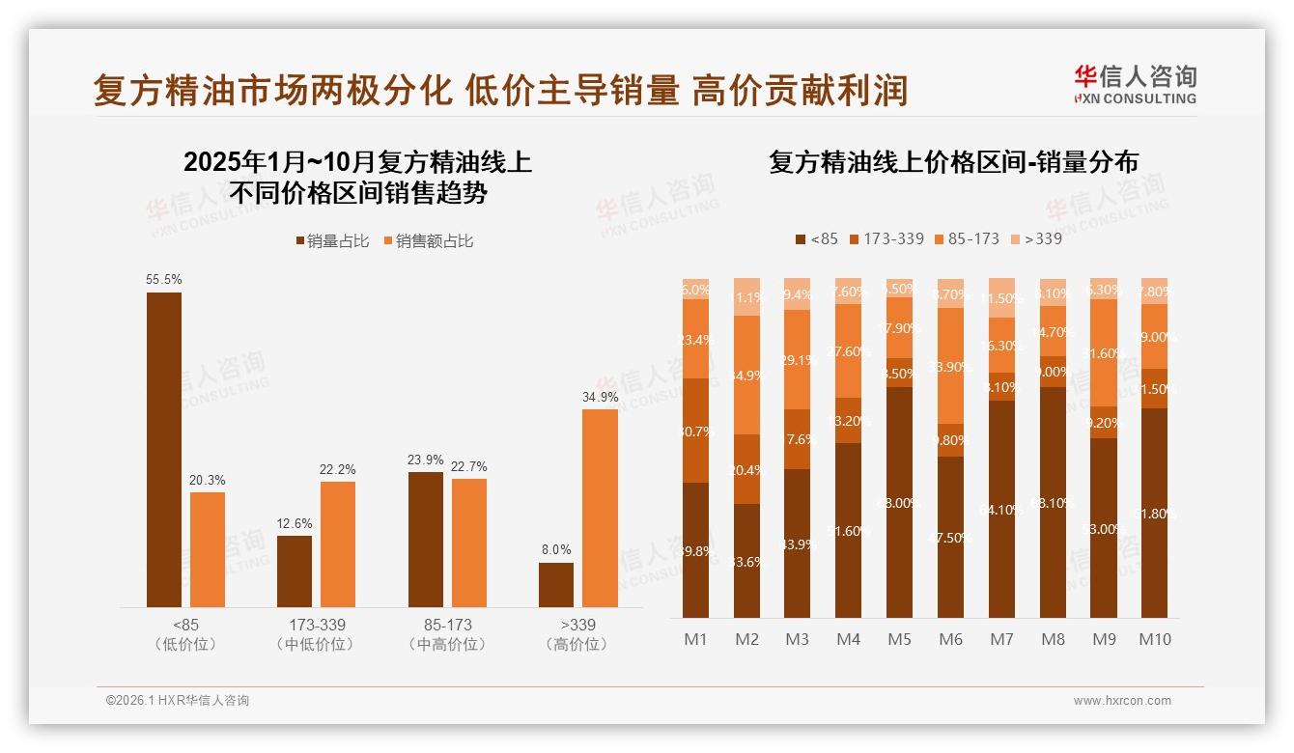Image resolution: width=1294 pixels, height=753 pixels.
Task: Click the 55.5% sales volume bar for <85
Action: (164, 450)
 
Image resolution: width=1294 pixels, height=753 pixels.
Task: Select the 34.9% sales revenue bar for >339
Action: (601, 508)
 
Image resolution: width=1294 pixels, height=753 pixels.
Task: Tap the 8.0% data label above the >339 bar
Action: (556, 549)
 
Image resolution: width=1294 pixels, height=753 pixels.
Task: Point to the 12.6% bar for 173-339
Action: (295, 572)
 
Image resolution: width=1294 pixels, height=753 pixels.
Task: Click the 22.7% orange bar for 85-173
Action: (469, 543)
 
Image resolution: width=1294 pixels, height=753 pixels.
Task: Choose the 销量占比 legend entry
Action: (332, 241)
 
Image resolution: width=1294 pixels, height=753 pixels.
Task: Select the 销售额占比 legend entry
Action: (429, 241)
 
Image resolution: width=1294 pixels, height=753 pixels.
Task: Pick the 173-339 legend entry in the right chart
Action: (886, 238)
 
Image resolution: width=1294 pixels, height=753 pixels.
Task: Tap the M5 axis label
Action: (899, 639)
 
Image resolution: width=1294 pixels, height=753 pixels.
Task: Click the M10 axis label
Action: (1154, 639)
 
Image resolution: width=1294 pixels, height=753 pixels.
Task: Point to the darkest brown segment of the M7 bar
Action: (1001, 509)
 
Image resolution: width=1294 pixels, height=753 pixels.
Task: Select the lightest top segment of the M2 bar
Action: (746, 296)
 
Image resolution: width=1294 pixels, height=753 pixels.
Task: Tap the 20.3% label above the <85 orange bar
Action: (208, 480)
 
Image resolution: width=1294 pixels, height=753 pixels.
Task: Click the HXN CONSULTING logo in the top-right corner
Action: (1135, 84)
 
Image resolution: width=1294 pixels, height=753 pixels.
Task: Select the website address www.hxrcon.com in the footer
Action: (1121, 701)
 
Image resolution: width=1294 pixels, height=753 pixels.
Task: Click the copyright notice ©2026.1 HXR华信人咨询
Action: (177, 701)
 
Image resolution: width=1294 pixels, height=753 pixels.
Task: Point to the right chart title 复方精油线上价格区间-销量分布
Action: (953, 162)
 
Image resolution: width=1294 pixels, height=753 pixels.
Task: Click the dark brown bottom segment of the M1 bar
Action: (695, 550)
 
